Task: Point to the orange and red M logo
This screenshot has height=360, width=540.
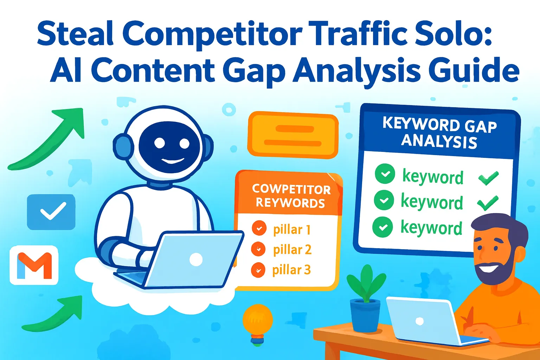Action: pyautogui.click(x=34, y=265)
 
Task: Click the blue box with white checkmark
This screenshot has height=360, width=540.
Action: pyautogui.click(x=51, y=212)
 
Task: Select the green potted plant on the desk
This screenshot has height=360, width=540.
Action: pyautogui.click(x=366, y=299)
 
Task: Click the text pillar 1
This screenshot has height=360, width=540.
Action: pyautogui.click(x=292, y=230)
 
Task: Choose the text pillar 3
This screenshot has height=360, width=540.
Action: pyautogui.click(x=291, y=270)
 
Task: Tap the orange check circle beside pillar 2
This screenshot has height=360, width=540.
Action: pyautogui.click(x=259, y=249)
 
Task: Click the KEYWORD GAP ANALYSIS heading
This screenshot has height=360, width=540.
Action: pyautogui.click(x=439, y=133)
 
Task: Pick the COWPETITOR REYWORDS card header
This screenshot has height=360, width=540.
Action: pyautogui.click(x=291, y=196)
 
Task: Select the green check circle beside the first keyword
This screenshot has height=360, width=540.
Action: pyautogui.click(x=385, y=174)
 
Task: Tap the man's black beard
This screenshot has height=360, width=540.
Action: pyautogui.click(x=494, y=271)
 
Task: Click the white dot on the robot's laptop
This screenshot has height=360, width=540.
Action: pyautogui.click(x=196, y=260)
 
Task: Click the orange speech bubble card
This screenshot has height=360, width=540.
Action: pyautogui.click(x=293, y=135)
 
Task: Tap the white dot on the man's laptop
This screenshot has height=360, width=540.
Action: pyautogui.click(x=419, y=321)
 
